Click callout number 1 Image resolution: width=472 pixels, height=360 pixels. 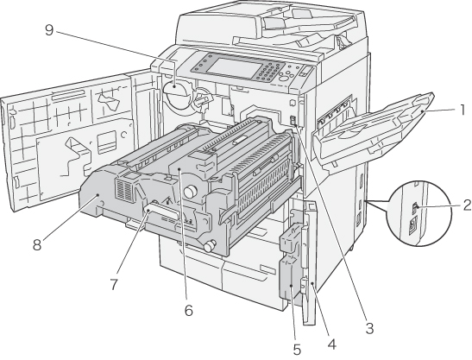(462, 111)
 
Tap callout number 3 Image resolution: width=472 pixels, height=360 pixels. (369, 328)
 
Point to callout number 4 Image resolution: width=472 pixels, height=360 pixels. (331, 344)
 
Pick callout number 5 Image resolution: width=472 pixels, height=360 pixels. (297, 350)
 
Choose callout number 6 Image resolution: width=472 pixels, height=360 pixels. (188, 310)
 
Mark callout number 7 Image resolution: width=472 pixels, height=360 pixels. (114, 284)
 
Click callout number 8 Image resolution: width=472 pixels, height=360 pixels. (37, 244)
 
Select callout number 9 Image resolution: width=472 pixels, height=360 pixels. (49, 30)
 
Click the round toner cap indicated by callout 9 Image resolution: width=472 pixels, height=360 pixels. (177, 94)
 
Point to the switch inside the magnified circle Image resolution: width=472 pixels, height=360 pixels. (415, 207)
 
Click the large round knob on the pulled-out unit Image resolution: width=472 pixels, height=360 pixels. (190, 191)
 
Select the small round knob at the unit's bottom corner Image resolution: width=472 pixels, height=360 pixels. (210, 244)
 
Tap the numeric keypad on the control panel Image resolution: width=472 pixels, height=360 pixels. (267, 73)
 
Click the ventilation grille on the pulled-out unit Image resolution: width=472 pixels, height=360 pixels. (124, 191)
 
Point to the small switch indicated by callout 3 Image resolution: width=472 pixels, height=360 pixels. (293, 121)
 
